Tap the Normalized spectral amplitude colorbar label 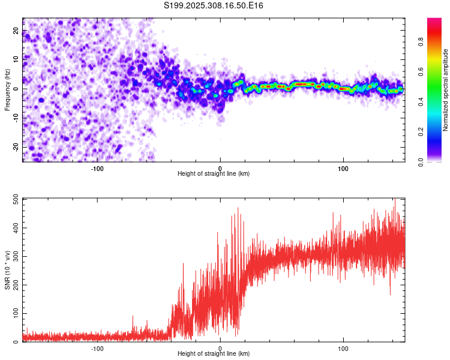coord(446,90)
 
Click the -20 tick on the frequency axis coord(15,147)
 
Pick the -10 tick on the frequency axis coord(15,118)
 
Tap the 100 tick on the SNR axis coord(14,314)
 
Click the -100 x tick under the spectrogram coord(97,169)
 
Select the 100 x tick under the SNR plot coord(344,349)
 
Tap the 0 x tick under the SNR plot coord(220,349)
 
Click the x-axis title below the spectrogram coord(214,174)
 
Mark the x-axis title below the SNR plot coord(214,354)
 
